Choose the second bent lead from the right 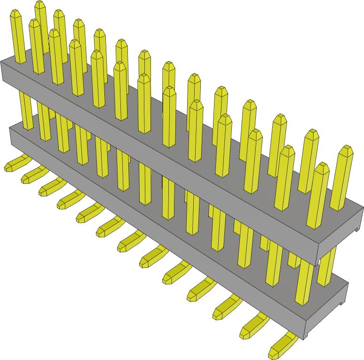point(254,327)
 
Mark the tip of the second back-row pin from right point(310,134)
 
